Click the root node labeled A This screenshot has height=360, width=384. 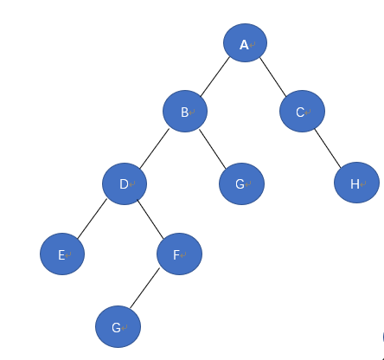(x=245, y=42)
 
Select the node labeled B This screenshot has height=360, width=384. (x=185, y=112)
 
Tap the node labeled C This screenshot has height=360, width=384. (x=302, y=112)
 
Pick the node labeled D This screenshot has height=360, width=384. (x=125, y=183)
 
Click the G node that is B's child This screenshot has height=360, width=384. (x=241, y=183)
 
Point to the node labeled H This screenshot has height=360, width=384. (x=356, y=183)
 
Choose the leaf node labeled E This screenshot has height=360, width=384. (x=62, y=254)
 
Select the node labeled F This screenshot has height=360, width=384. (x=179, y=254)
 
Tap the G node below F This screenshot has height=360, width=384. (x=118, y=326)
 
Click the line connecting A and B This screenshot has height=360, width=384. (x=215, y=77)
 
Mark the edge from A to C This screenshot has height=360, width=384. (x=273, y=77)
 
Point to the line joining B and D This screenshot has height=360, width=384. (x=155, y=149)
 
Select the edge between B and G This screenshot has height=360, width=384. (x=213, y=149)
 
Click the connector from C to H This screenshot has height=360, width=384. (x=328, y=148)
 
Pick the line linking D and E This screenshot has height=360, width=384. (x=92, y=219)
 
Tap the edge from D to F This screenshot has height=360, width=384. (x=150, y=220)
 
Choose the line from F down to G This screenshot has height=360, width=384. (x=144, y=288)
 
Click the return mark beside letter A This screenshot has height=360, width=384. (x=253, y=45)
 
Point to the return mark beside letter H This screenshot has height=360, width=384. (x=363, y=183)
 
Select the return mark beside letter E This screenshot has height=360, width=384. (x=68, y=255)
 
